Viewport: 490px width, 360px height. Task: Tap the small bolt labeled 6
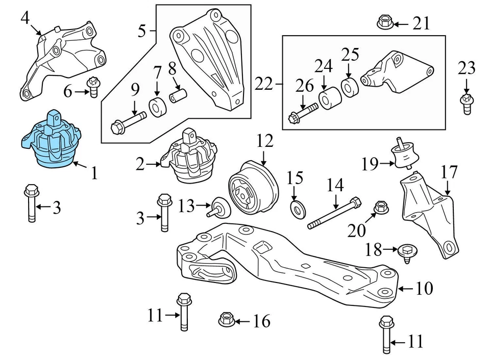tap(93, 87)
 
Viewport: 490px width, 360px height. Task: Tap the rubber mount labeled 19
tap(402, 154)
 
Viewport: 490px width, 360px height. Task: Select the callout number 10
tap(424, 289)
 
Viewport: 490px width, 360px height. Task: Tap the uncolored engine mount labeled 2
tap(189, 160)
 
